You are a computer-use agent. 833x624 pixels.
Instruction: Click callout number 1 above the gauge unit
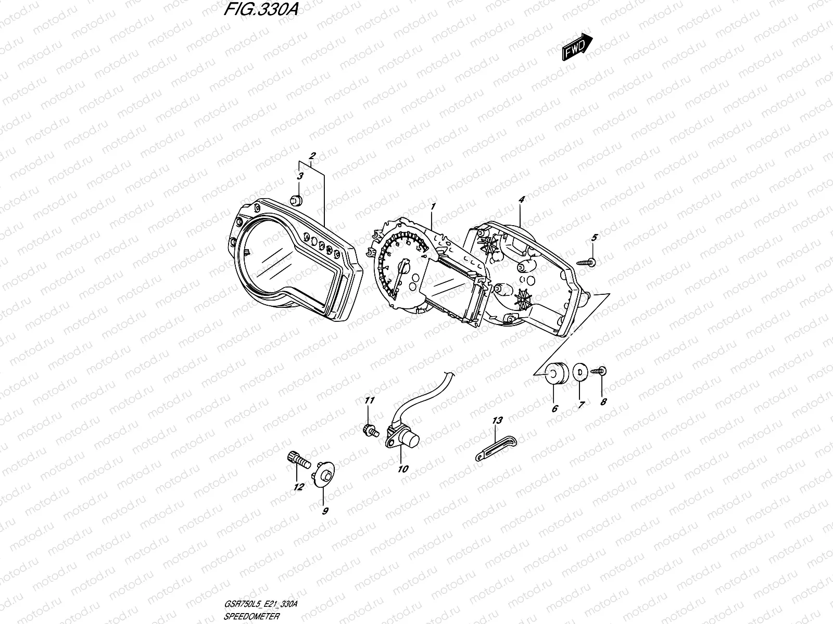point(432,207)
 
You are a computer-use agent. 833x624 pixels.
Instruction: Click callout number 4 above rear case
point(521,199)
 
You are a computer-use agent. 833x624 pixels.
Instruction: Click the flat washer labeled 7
point(578,373)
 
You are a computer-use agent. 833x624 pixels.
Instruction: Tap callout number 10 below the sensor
point(402,469)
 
